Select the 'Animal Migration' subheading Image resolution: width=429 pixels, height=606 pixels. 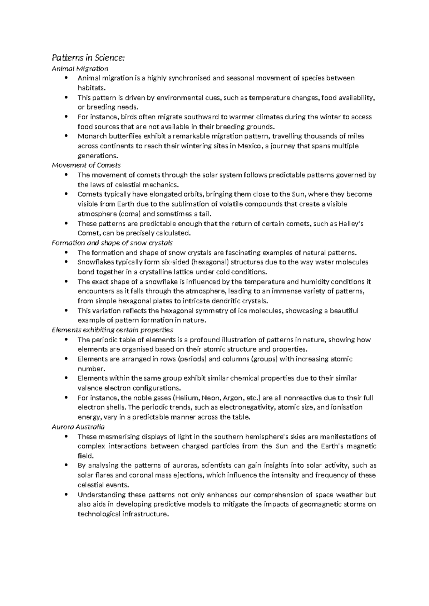(x=80, y=68)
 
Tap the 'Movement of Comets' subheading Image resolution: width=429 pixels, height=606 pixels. (x=86, y=165)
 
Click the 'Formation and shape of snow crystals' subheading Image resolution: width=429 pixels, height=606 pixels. (x=112, y=243)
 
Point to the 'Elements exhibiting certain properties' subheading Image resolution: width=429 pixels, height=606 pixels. (x=112, y=330)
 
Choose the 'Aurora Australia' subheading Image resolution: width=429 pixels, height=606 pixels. (x=78, y=427)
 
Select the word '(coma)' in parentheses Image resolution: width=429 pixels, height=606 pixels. (x=129, y=214)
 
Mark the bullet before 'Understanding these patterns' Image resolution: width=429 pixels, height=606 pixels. (x=66, y=495)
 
